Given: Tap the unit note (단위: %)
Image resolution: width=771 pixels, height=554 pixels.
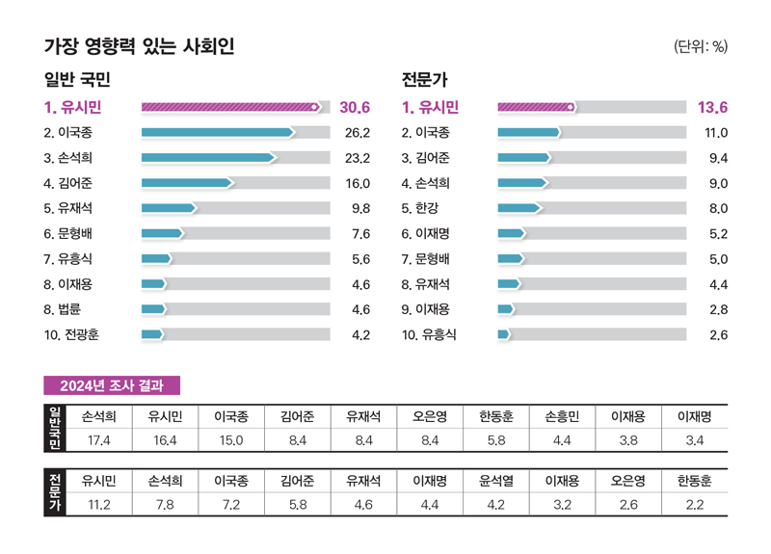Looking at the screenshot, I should click(x=701, y=46).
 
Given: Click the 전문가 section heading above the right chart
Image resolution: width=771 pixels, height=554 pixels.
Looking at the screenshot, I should click(x=424, y=80).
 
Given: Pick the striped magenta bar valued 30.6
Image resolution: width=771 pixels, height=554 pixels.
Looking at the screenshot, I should click(x=230, y=107).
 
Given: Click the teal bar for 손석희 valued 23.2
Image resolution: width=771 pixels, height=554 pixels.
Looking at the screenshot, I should click(x=207, y=157).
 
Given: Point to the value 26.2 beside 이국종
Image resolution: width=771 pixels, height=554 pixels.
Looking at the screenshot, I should click(x=357, y=132).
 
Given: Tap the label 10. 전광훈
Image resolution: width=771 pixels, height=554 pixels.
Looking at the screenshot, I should click(x=72, y=334).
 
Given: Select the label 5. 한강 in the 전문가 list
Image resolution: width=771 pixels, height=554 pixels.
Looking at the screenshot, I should click(x=427, y=207).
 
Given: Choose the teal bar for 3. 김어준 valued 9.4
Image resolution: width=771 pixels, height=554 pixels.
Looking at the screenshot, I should click(x=523, y=157).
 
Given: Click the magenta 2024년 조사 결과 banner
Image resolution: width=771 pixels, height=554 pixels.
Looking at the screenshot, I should click(x=112, y=385).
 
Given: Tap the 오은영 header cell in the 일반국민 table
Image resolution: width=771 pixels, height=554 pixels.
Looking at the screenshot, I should click(x=430, y=417).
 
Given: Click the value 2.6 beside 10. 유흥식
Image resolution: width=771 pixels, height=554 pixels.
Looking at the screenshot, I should click(x=717, y=334).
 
